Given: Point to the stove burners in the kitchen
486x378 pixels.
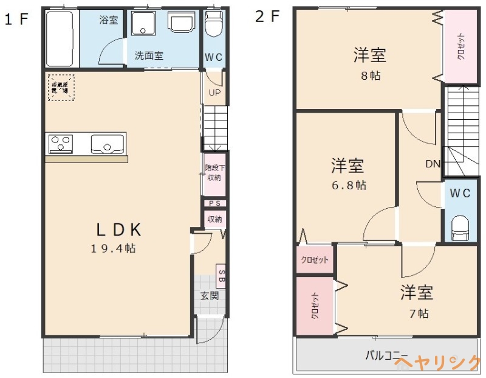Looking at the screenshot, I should click(61, 144).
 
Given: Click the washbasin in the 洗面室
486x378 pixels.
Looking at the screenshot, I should click(182, 24).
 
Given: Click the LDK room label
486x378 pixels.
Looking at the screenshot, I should click(120, 229).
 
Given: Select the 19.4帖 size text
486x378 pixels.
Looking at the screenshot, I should click(114, 248).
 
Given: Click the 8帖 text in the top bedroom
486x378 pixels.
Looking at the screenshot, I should click(370, 76).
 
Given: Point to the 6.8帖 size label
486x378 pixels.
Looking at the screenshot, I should click(348, 185).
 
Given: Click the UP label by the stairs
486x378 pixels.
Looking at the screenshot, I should click(214, 93).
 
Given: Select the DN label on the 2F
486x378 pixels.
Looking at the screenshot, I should click(433, 164).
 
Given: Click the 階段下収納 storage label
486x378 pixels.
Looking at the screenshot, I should click(213, 173).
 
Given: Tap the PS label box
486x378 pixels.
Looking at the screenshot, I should click(214, 204).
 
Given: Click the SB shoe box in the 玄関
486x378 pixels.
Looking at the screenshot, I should click(221, 276).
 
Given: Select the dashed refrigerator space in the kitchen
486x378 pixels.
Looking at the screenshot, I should click(61, 88).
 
